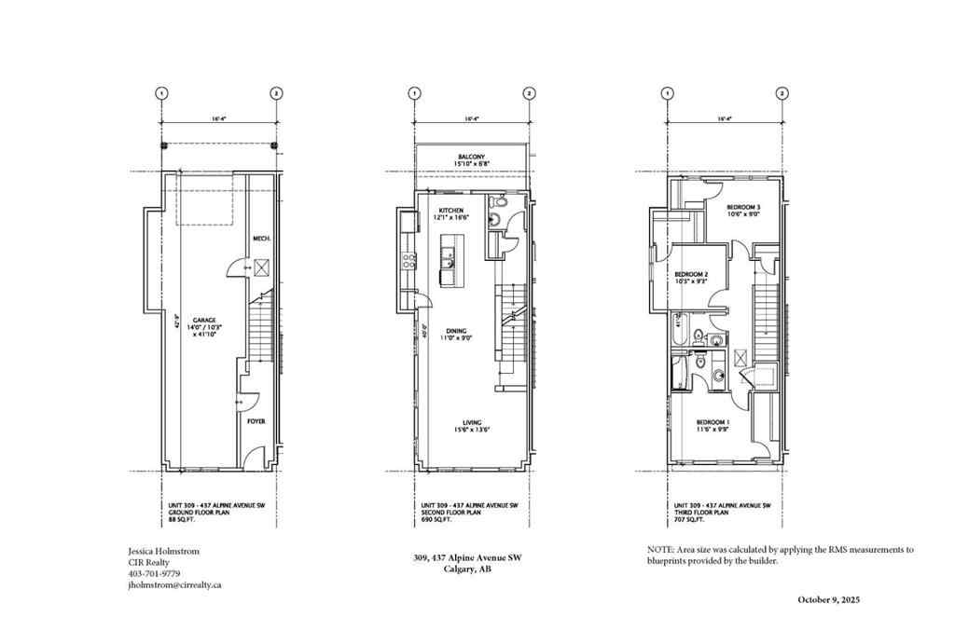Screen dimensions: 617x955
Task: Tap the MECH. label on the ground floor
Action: (261, 240)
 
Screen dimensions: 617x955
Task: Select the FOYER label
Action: (256, 421)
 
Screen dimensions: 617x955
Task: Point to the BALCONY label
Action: (471, 157)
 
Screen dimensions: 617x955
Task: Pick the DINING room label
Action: (456, 330)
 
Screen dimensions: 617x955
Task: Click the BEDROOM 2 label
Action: (691, 274)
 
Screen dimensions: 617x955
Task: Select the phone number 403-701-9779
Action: (154, 573)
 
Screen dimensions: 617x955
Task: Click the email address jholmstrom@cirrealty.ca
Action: (173, 585)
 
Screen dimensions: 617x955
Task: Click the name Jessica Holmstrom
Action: (164, 550)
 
